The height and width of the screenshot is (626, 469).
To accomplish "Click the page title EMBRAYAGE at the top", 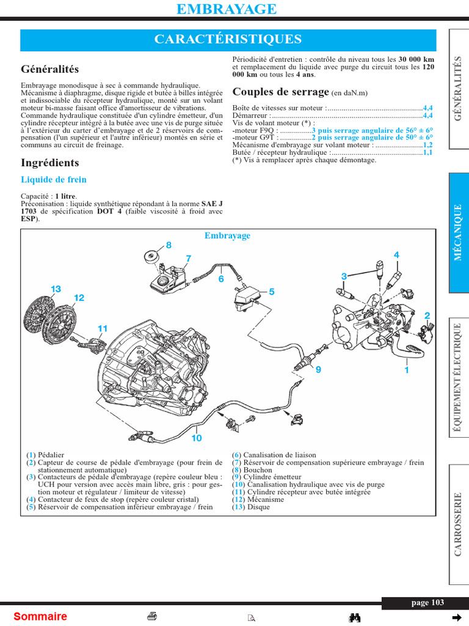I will [226, 9].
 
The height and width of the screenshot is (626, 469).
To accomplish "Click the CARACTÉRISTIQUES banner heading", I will [228, 40].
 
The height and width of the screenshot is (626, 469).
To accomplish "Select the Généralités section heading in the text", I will [50, 70].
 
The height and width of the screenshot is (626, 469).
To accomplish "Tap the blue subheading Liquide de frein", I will [54, 180].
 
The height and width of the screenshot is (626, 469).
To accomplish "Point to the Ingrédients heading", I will [50, 163].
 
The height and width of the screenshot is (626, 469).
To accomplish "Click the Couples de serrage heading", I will [281, 92].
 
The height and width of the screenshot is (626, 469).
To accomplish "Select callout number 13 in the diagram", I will [56, 289].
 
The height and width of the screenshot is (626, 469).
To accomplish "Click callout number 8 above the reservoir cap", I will [169, 245].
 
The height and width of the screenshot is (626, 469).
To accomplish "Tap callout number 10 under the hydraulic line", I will [197, 438].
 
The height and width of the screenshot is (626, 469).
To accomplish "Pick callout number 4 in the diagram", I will [396, 255].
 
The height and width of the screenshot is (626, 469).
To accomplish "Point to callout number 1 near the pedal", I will [406, 370].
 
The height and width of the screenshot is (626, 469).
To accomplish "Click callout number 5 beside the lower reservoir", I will [272, 292].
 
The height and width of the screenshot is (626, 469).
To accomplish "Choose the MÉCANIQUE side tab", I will [459, 232].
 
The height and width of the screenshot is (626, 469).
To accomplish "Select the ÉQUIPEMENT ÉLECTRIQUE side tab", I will [459, 379].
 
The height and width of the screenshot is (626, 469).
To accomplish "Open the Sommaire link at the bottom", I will [40, 616].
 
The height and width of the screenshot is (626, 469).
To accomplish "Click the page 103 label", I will [427, 603].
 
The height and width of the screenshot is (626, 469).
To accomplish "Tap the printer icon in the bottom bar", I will [153, 616].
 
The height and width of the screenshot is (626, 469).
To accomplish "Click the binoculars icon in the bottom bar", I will [354, 617].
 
